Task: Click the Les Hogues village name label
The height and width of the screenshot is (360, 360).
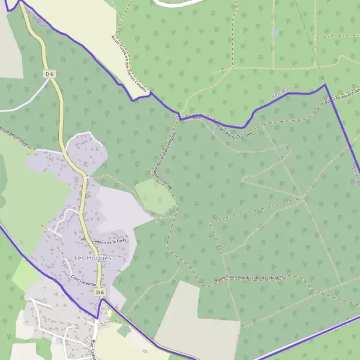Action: coord(92,257)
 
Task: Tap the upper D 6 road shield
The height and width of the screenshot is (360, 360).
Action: coord(50,74)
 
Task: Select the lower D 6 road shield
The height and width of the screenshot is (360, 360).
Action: coord(100,292)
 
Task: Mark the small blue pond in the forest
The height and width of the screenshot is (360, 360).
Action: coord(275,32)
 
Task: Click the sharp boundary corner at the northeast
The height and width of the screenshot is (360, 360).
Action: coord(326,85)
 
